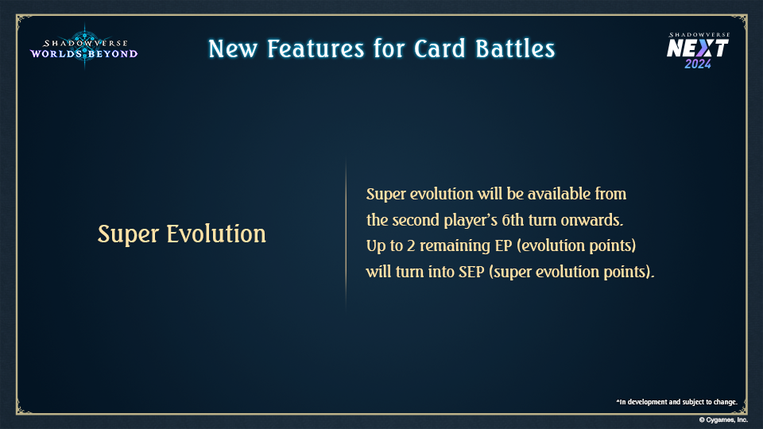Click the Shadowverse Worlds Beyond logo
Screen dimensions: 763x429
83,47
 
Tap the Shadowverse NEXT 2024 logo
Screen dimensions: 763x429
699,50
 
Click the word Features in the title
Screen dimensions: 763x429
316,48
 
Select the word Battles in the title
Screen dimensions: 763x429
515,48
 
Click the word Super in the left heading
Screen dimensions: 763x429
129,234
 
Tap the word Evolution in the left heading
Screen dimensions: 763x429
216,234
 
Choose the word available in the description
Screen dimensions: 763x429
559,194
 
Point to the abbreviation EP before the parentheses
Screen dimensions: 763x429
504,245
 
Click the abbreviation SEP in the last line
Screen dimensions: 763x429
471,272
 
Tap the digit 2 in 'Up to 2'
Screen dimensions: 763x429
411,245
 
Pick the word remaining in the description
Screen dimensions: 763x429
455,246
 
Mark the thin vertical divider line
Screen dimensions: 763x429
346,234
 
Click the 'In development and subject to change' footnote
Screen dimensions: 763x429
677,402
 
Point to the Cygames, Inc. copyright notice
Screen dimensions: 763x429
723,419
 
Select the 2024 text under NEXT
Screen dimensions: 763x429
698,64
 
